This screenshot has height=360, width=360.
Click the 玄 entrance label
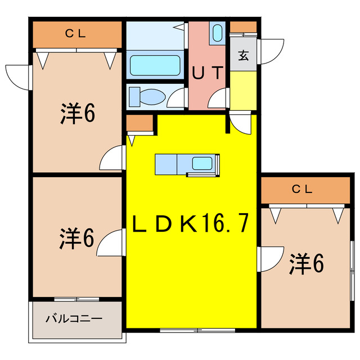243,55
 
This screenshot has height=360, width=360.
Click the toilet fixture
147,97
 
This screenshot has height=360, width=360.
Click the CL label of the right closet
302,190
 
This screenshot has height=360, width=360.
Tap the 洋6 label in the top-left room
78,114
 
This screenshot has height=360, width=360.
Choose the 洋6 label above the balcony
76,238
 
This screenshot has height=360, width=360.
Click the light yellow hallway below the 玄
243,90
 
